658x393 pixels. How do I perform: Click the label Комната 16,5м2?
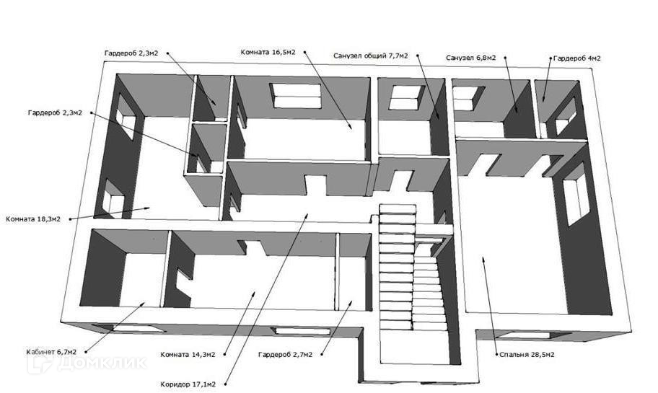pyautogui.click(x=272, y=52)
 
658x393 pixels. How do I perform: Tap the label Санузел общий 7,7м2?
pyautogui.click(x=370, y=56)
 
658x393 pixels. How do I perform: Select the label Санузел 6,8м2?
pyautogui.click(x=470, y=57)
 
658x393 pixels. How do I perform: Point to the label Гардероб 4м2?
pyautogui.click(x=577, y=58)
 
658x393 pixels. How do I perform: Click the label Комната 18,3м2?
pyautogui.click(x=38, y=218)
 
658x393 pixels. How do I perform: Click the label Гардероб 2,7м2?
pyautogui.click(x=285, y=354)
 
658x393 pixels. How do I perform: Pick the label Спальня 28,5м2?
pyautogui.click(x=525, y=355)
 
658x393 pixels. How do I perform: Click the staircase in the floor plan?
pyautogui.click(x=408, y=274)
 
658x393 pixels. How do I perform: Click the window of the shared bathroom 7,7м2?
pyautogui.click(x=405, y=97)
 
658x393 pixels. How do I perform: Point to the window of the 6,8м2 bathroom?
pyautogui.click(x=468, y=98)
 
